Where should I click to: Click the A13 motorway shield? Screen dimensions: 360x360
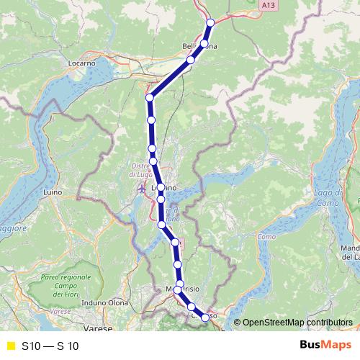[x=269, y=5]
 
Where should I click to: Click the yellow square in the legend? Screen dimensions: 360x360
[x=10, y=346]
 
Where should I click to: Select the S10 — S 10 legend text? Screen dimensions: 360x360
[x=50, y=346]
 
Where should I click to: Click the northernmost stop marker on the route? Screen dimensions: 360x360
[x=211, y=22]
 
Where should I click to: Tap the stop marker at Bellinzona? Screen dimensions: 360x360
[x=204, y=44]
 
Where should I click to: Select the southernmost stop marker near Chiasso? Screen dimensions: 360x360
[x=205, y=318]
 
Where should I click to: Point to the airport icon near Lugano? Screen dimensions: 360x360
[x=141, y=189]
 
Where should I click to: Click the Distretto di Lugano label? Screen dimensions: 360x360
[x=141, y=170]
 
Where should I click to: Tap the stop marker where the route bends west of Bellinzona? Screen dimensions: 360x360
[x=150, y=97]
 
